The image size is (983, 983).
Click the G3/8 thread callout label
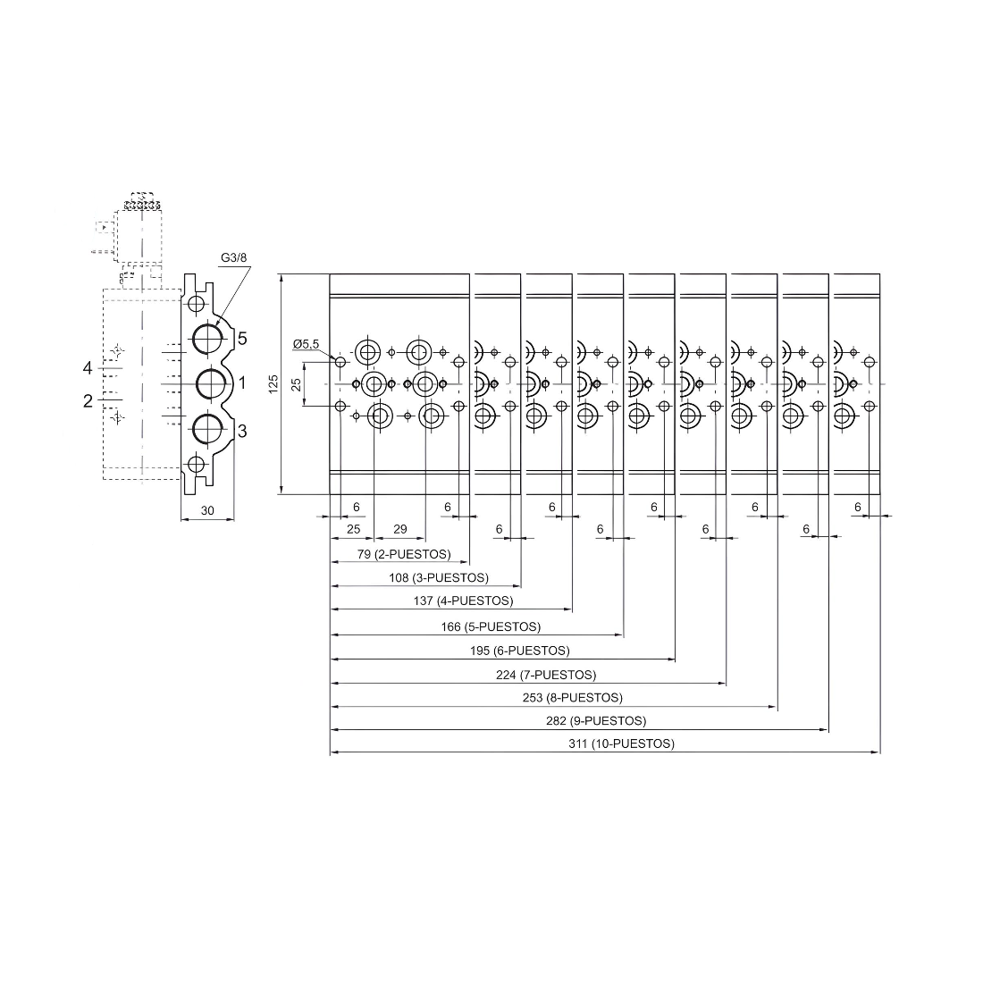point(233,259)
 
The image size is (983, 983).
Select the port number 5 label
point(242,339)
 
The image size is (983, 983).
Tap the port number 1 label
point(241,383)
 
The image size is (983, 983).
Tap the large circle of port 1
point(212,383)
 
